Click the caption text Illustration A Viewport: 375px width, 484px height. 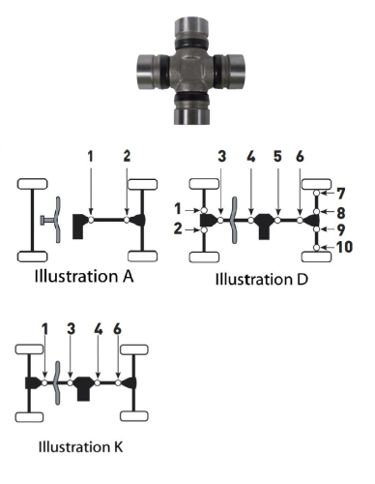(86, 275)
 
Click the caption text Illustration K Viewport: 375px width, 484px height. (82, 448)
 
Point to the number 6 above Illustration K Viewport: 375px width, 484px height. (117, 330)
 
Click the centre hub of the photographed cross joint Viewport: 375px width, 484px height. (189, 70)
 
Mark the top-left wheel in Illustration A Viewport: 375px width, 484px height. (31, 185)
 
